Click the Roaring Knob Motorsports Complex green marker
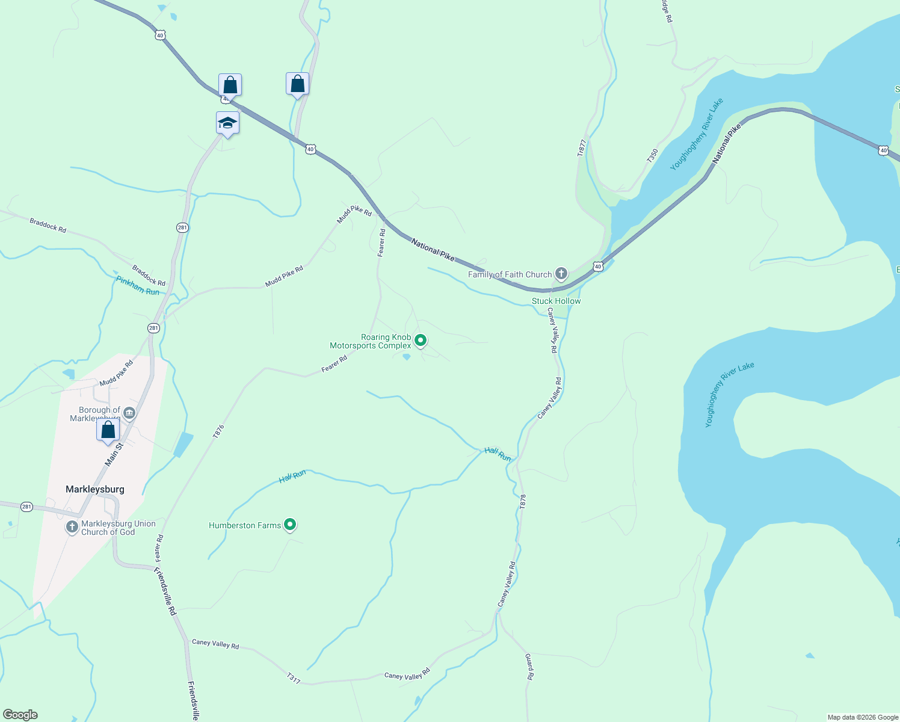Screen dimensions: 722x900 pyautogui.click(x=421, y=341)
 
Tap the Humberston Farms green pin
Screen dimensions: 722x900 pyautogui.click(x=290, y=525)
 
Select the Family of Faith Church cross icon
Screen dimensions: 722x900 pyautogui.click(x=561, y=274)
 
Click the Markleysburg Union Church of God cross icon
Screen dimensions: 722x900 pyautogui.click(x=72, y=528)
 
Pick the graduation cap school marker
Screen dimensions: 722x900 pyautogui.click(x=227, y=123)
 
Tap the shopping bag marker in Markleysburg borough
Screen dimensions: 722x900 pyautogui.click(x=108, y=430)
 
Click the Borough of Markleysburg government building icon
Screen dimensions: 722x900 pyautogui.click(x=129, y=413)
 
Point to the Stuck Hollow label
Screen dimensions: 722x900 pyautogui.click(x=556, y=301)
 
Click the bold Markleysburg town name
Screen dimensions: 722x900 pyautogui.click(x=95, y=489)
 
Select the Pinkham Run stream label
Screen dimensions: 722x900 pyautogui.click(x=138, y=286)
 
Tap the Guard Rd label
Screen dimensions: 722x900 pyautogui.click(x=529, y=667)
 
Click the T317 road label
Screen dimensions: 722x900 pyautogui.click(x=294, y=678)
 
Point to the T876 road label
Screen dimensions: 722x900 pyautogui.click(x=218, y=431)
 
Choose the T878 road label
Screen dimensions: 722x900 pyautogui.click(x=523, y=502)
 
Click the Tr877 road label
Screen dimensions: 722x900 pyautogui.click(x=581, y=148)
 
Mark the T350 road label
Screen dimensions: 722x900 pyautogui.click(x=653, y=155)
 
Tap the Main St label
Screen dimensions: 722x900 pyautogui.click(x=114, y=454)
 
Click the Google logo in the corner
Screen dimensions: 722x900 pyautogui.click(x=20, y=715)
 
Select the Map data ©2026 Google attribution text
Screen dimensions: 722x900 pyautogui.click(x=863, y=717)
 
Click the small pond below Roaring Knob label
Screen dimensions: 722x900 pyautogui.click(x=407, y=357)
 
